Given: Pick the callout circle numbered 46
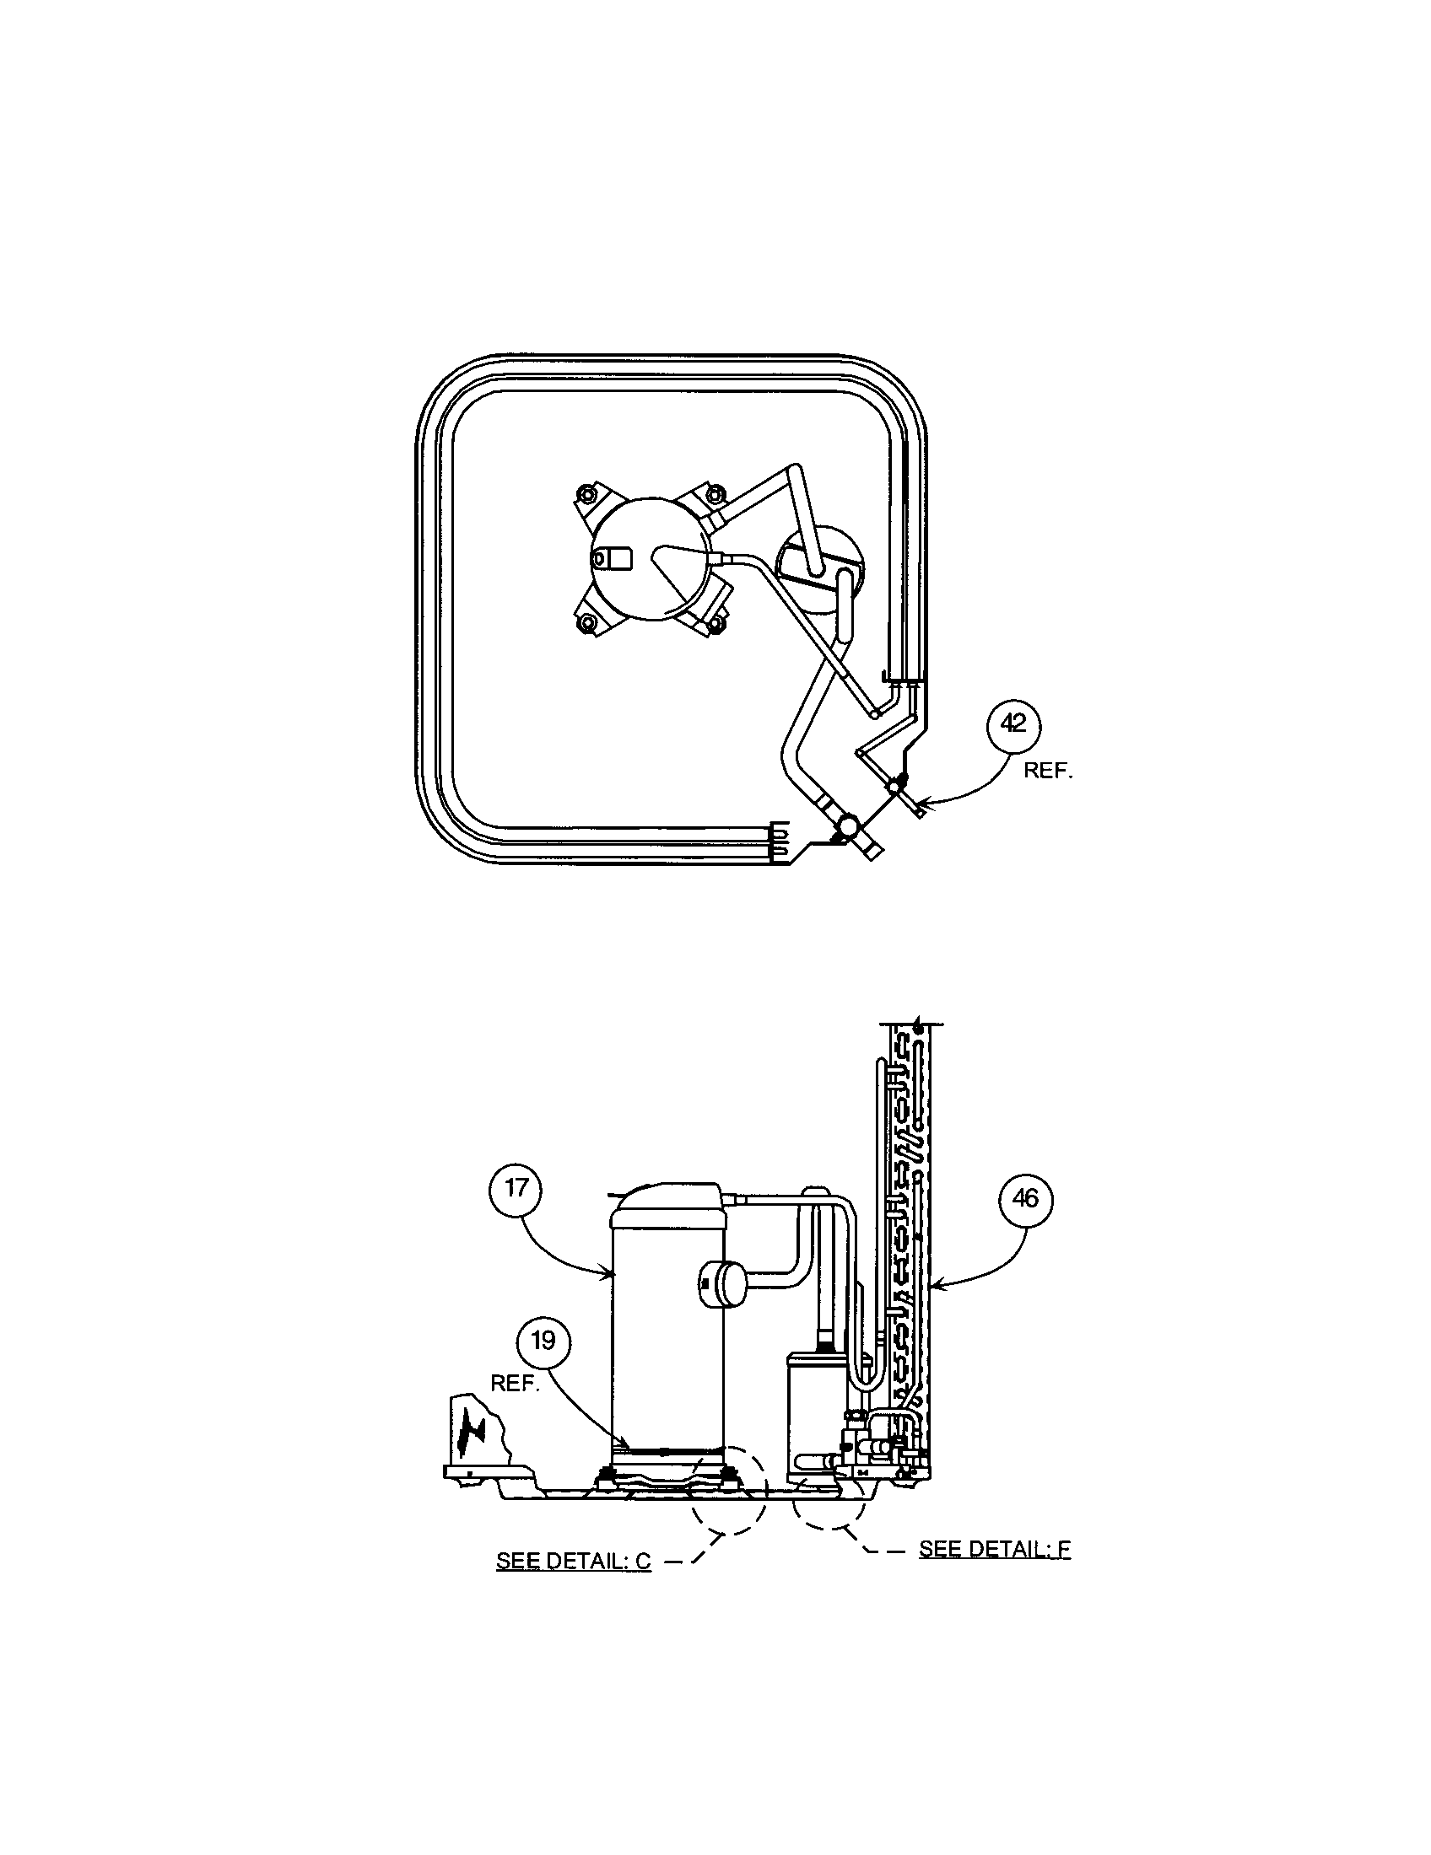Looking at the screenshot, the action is coord(1025,1198).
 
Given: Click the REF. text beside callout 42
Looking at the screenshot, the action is coord(1049,772).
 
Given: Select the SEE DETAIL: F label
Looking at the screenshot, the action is coord(994,1548).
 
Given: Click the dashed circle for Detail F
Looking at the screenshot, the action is coord(829,1501).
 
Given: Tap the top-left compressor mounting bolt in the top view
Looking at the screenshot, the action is coord(584,492).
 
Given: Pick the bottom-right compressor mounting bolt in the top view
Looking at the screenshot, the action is coord(715,624).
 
